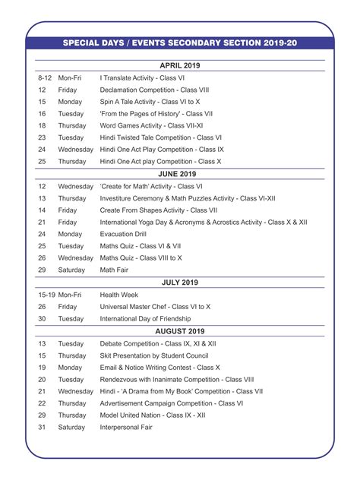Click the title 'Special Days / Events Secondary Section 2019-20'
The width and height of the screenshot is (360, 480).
click(x=180, y=44)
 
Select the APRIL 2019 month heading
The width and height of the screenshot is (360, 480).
click(x=180, y=66)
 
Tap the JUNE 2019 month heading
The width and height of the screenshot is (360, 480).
click(x=180, y=174)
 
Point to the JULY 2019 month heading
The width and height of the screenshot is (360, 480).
click(x=180, y=283)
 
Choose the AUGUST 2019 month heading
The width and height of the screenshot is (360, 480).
click(x=180, y=331)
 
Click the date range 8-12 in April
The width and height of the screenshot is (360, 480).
click(x=45, y=77)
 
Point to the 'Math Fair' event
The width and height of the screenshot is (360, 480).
click(x=115, y=270)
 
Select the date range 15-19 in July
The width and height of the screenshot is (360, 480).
click(x=47, y=294)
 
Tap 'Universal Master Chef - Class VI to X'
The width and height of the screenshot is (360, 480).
click(x=156, y=306)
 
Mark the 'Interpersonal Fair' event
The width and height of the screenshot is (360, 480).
click(x=126, y=427)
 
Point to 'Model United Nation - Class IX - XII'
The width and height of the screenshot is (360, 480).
click(x=163, y=415)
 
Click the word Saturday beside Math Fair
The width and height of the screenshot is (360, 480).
click(x=71, y=270)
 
